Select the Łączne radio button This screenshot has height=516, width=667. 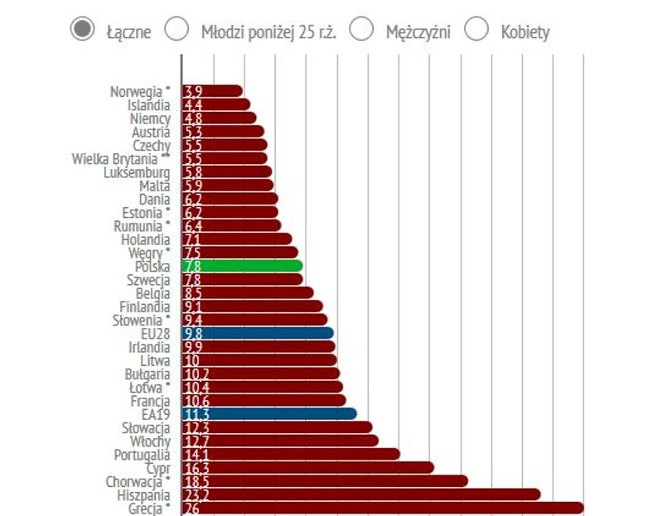tap(81, 31)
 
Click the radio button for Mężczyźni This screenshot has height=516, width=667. tap(360, 31)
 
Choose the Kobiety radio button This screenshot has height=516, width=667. tap(476, 31)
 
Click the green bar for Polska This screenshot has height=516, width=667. tap(249, 266)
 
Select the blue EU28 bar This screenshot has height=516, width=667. tap(265, 333)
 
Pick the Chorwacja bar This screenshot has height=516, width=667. tap(331, 480)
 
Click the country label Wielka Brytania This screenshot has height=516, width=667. tap(121, 158)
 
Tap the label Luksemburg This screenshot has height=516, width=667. tap(137, 172)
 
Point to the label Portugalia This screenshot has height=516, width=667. tap(142, 454)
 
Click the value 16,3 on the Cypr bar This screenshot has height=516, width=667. tap(194, 467)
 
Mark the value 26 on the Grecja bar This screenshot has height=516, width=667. tap(191, 508)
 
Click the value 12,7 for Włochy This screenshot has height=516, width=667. tap(194, 441)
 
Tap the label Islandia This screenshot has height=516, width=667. tap(149, 105)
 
